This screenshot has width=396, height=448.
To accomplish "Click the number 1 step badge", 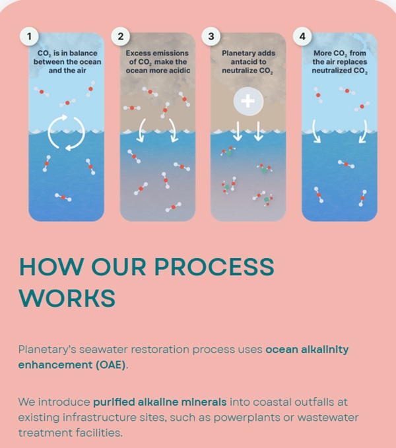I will point(28,36).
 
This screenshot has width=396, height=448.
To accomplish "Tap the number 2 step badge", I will point(120,36).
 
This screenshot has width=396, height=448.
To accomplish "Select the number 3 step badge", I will point(211,36).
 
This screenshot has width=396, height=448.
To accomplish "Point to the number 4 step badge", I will point(302,36).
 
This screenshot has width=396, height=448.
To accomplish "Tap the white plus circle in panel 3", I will point(248,102).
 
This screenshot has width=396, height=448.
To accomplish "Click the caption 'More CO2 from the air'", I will point(339,61).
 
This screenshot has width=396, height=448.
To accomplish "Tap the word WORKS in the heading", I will point(67,297).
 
